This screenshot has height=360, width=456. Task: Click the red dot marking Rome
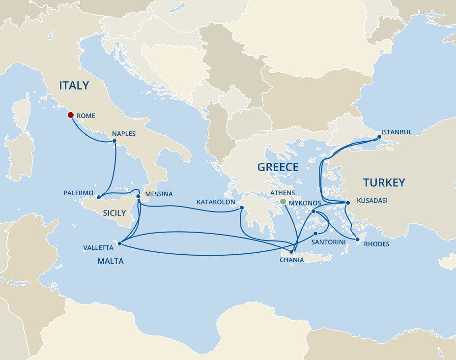pos(70,115)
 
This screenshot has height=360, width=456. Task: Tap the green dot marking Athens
pos(283,202)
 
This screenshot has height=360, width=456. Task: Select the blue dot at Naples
pos(114,141)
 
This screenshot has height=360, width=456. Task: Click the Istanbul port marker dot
pos(379,138)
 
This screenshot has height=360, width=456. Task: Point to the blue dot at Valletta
pos(120,242)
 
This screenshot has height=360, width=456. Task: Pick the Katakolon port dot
pos(242,208)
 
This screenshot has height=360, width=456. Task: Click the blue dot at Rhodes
pos(358,240)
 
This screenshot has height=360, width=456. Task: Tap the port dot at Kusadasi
pos(347,203)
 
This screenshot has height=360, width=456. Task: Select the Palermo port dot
pos(99,197)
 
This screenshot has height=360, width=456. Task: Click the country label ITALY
pos(74,85)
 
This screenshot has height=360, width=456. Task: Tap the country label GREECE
pos(278,167)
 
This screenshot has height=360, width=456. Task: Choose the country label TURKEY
pos(384,182)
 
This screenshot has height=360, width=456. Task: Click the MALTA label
pos(110,261)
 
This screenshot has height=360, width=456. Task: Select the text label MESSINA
pos(159,194)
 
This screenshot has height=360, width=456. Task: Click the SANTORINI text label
pos(329,242)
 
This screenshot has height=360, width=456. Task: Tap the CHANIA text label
pos(291,260)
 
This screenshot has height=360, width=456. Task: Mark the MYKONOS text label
pos(305,203)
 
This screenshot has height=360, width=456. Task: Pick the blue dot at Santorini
pos(315,234)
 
